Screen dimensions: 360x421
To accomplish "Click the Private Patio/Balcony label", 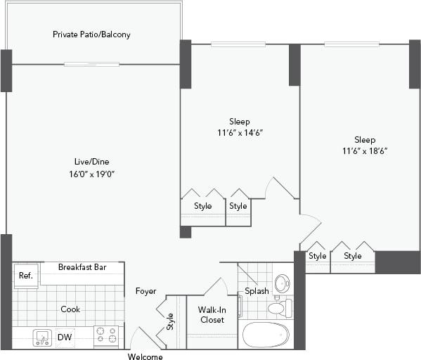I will [91, 34].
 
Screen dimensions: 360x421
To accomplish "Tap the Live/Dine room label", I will [91, 161].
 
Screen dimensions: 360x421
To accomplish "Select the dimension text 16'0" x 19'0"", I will [91, 173].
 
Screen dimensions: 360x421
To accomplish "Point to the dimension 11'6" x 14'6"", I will [239, 132].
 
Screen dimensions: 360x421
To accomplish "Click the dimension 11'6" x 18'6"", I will [365, 150].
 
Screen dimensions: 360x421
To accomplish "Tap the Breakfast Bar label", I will [82, 267].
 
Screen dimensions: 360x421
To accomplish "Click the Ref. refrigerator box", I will [26, 276].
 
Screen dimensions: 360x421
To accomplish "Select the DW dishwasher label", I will [65, 337].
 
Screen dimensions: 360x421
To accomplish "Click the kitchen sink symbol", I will [42, 337].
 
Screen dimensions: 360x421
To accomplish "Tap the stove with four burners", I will [106, 336].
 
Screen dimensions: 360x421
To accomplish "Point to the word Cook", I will [70, 309].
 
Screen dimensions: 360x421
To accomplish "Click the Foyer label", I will [145, 291].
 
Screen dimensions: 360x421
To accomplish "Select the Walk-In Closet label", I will [212, 314].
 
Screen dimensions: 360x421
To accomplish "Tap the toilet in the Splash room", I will [277, 308].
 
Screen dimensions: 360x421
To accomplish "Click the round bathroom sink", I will [282, 283].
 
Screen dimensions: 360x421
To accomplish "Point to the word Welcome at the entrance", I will [145, 356].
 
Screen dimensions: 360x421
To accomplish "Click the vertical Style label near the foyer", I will [170, 321].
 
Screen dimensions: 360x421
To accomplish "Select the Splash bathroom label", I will [257, 291].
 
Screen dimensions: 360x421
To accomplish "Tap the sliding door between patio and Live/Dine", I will [91, 65].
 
